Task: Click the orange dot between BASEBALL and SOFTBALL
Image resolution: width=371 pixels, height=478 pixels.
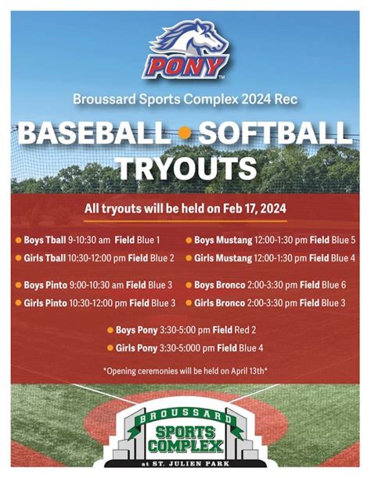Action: [184, 134]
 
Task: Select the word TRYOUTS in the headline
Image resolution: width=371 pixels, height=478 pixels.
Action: [187, 168]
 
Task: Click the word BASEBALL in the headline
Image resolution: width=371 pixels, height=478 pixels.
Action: [95, 134]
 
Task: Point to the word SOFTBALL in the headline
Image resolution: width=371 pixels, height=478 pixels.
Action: [275, 134]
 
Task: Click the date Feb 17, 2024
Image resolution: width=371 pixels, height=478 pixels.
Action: [254, 209]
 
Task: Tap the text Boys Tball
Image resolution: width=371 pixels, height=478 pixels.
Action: [45, 240]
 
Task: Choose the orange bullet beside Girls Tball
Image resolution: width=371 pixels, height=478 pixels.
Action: [18, 258]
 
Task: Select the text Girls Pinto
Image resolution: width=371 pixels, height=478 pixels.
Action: [45, 303]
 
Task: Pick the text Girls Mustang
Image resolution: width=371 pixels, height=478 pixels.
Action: [223, 259]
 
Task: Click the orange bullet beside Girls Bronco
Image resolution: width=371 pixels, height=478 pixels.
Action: [189, 303]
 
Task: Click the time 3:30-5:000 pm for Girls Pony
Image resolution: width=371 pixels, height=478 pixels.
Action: [187, 348]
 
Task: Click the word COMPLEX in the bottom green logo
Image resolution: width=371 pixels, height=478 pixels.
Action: [185, 446]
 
